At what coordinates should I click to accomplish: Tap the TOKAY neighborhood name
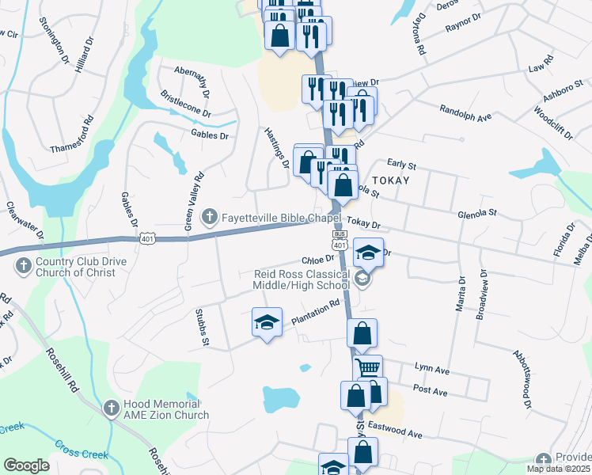tap(390, 180)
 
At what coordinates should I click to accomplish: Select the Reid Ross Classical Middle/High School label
tap(301, 279)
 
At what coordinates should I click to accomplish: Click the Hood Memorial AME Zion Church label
tap(166, 409)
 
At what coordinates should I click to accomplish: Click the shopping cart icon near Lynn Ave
tap(367, 368)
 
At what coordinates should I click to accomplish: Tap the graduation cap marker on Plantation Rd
tap(267, 321)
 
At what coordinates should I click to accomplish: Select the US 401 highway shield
tap(147, 237)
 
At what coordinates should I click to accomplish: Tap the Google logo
tap(27, 465)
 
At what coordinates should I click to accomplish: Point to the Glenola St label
tap(476, 213)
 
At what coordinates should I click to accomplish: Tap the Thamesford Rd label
tap(76, 142)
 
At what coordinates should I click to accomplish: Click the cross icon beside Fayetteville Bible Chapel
tap(210, 215)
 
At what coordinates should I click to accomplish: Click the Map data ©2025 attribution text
tap(559, 469)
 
